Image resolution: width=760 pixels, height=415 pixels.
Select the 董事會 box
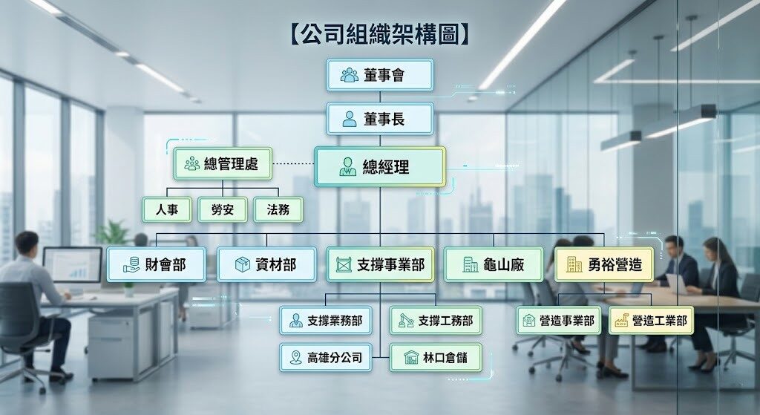tap(379, 75)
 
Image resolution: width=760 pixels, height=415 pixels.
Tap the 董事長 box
tap(379, 118)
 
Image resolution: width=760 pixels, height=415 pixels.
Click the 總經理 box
tap(379, 167)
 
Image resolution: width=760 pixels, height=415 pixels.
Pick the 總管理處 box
tap(223, 163)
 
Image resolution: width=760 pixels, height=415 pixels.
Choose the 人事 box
tap(167, 209)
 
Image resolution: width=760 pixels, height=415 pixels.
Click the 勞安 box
tap(223, 209)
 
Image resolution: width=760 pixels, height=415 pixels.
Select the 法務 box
tap(278, 209)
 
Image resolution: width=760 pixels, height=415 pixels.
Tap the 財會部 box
tap(156, 264)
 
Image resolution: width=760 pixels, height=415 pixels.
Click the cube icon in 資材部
tap(242, 264)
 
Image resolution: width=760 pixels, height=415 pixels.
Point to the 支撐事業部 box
tap(380, 264)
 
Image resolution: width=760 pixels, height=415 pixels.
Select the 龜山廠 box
tap(494, 264)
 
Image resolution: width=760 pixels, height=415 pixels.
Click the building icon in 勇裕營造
tap(574, 264)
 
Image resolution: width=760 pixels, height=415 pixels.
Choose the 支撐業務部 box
tap(326, 320)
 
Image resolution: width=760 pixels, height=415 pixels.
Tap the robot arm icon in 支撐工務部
tap(406, 321)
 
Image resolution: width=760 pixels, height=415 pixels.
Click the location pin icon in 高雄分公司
tap(295, 358)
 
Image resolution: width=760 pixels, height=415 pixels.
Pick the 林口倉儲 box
tap(435, 357)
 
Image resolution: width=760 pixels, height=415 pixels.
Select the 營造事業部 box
tap(558, 320)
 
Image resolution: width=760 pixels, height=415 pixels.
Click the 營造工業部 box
tap(651, 320)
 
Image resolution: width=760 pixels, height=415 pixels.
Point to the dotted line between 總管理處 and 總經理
tap(293, 164)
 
